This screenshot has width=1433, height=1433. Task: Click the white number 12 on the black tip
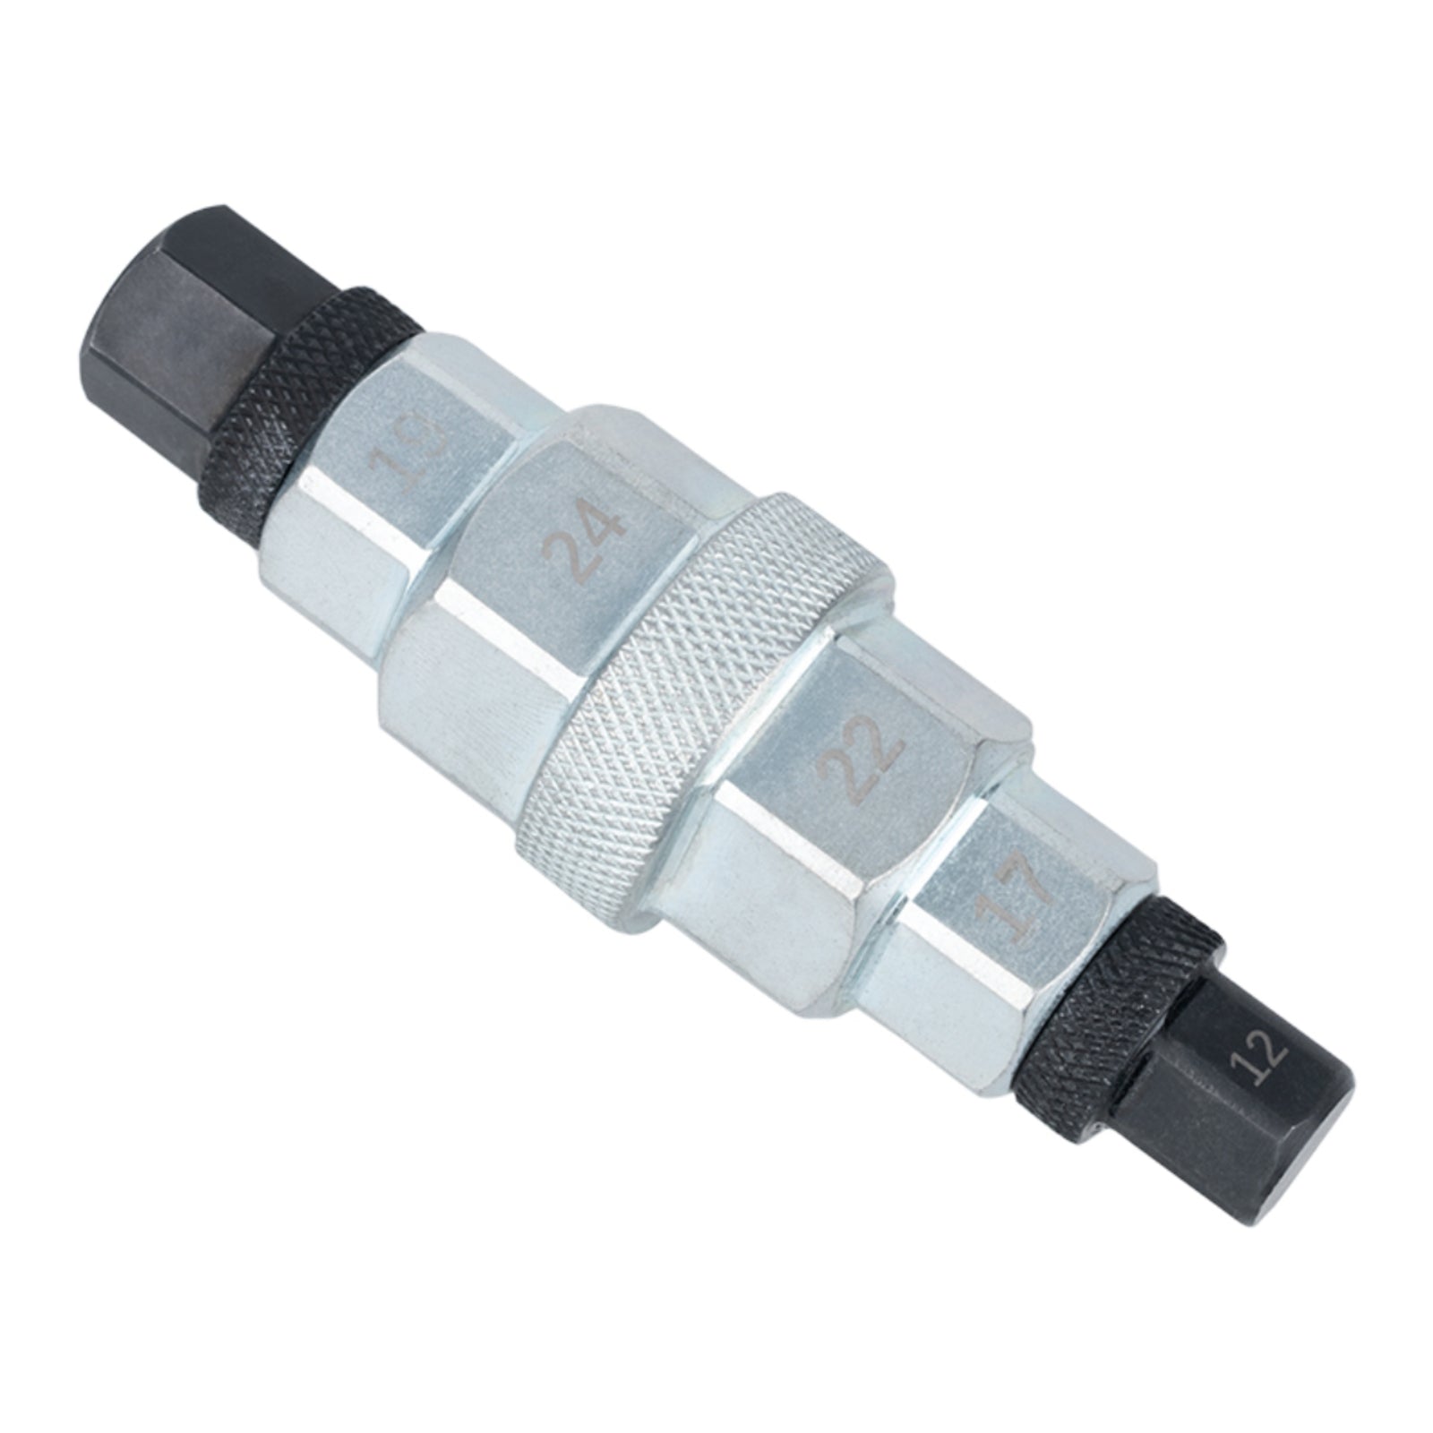[x=1259, y=1064]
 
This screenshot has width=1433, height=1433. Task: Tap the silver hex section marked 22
[x=833, y=788]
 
